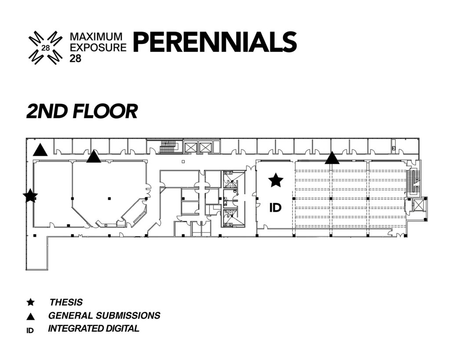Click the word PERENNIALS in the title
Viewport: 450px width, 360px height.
[215, 42]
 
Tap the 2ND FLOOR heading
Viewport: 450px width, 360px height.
[82, 111]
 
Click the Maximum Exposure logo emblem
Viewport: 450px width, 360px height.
[46, 47]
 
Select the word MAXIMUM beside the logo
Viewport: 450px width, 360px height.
[96, 36]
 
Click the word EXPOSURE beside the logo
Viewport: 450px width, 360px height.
[98, 47]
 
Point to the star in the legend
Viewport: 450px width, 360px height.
[30, 302]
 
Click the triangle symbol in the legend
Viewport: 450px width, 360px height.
[30, 316]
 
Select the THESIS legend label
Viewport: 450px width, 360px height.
[66, 302]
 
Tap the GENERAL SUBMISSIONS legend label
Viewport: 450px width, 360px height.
[104, 316]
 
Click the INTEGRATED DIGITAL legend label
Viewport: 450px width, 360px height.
[94, 328]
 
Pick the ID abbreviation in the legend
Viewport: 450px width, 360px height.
[30, 331]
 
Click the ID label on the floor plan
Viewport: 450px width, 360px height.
[275, 207]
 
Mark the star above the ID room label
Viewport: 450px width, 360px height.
[276, 180]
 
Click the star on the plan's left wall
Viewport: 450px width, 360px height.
[30, 196]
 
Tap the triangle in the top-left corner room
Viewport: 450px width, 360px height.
[40, 150]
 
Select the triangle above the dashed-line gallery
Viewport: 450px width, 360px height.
[332, 158]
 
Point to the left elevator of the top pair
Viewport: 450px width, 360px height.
[190, 148]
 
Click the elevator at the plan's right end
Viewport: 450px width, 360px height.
[417, 206]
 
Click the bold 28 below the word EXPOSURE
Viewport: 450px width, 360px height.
[76, 58]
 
